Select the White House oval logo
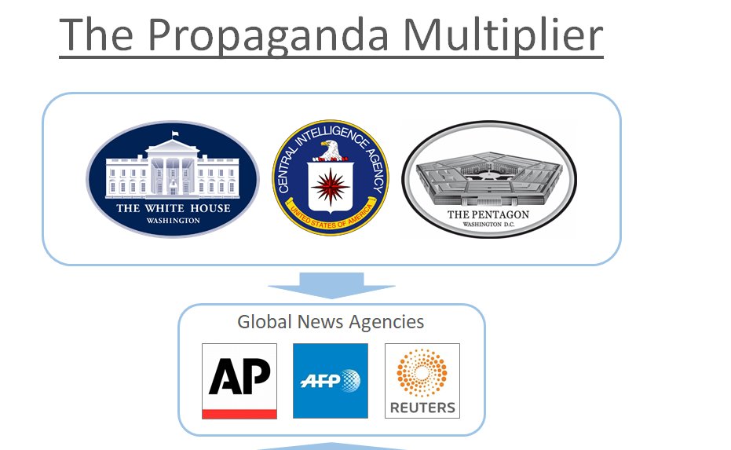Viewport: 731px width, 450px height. pos(173,179)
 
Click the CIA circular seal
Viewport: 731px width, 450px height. pos(331,178)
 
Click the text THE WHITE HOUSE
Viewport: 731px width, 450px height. pos(174,208)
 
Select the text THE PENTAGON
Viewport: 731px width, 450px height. pos(488,214)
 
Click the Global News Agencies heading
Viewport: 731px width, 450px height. pos(331,322)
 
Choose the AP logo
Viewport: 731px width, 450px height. pos(239,380)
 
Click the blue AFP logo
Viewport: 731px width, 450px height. pos(331,380)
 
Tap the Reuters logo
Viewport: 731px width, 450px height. pos(422,380)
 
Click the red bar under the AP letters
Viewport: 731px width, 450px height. pos(239,413)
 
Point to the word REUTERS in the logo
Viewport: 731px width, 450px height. pos(422,408)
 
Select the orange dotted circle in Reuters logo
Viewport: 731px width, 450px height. pos(422,373)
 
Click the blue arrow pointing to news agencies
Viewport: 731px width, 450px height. pos(331,284)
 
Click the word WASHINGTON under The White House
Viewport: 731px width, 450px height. pos(174,221)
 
